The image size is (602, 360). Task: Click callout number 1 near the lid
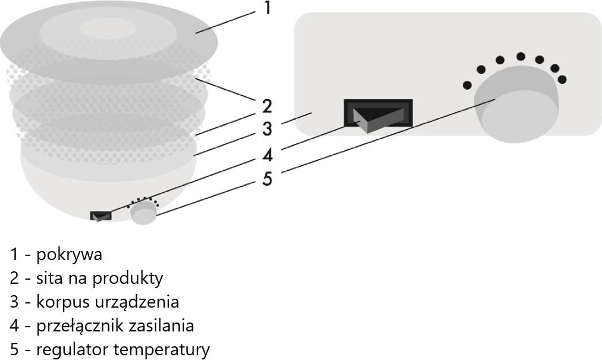(267, 9)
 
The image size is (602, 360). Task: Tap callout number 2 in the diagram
(267, 107)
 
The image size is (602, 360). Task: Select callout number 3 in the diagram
(267, 129)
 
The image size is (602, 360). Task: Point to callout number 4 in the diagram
(268, 154)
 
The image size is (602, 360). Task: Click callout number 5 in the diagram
(267, 178)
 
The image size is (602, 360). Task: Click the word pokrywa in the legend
(70, 255)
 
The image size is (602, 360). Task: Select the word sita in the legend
(49, 278)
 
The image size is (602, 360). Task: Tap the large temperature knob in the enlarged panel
(516, 105)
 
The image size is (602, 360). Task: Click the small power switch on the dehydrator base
(101, 215)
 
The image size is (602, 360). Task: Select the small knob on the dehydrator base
(143, 212)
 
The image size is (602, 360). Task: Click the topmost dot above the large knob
(521, 57)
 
